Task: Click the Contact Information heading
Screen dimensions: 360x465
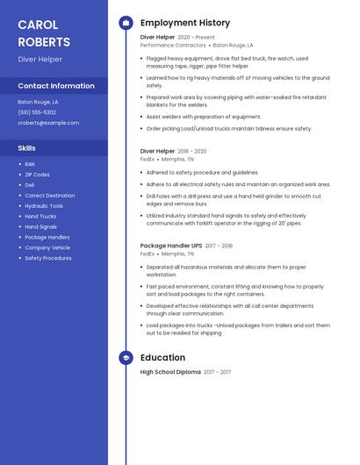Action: [56, 86]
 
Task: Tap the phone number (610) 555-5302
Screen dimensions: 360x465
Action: [37, 112]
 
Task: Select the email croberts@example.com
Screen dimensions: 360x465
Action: [48, 123]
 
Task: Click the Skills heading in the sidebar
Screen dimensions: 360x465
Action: [27, 148]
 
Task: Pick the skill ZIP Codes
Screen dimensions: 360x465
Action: [38, 175]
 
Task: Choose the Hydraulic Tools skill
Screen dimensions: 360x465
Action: [44, 205]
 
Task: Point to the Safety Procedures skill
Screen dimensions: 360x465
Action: [48, 258]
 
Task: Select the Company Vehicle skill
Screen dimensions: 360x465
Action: [47, 247]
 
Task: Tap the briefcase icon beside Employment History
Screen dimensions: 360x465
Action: [126, 22]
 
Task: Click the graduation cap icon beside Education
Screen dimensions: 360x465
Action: [126, 357]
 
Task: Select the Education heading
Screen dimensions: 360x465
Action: [162, 357]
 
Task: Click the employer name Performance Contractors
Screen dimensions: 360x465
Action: [173, 45]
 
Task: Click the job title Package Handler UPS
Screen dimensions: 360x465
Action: [170, 246]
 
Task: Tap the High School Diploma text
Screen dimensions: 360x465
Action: [170, 372]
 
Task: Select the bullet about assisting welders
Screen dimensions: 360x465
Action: [204, 117]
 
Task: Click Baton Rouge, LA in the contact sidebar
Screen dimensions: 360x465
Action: [38, 102]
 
